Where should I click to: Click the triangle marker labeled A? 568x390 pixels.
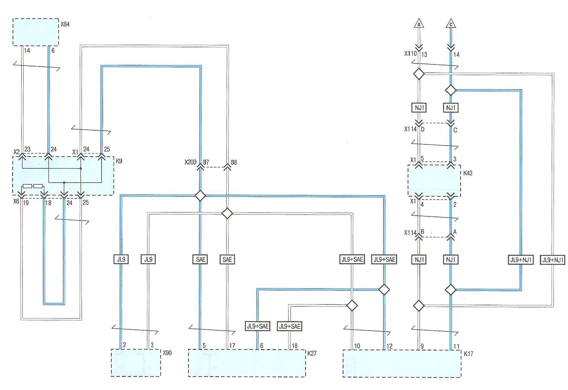(x=419, y=24)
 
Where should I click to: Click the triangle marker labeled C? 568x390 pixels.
(x=451, y=24)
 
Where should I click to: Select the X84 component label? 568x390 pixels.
(x=65, y=24)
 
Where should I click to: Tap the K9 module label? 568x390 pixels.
(x=119, y=161)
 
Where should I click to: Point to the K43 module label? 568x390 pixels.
(x=468, y=173)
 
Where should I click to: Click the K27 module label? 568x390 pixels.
(x=312, y=353)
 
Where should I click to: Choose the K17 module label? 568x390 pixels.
(x=468, y=354)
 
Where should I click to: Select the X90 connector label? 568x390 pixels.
(x=167, y=353)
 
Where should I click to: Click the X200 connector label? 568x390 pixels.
(x=190, y=162)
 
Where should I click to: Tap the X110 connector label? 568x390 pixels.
(x=410, y=54)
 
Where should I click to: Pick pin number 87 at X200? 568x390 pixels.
(x=206, y=162)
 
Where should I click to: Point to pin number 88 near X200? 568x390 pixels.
(x=234, y=162)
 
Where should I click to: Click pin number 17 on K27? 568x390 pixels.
(x=232, y=346)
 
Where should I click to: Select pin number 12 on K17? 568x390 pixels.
(x=389, y=346)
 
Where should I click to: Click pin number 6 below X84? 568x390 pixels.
(x=53, y=50)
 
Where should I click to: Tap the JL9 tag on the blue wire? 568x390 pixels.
(x=121, y=259)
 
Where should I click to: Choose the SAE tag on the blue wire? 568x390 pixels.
(x=200, y=259)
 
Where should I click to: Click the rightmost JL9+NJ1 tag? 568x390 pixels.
(x=553, y=260)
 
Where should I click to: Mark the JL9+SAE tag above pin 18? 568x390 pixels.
(x=290, y=326)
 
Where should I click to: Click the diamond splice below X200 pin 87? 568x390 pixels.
(x=200, y=196)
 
